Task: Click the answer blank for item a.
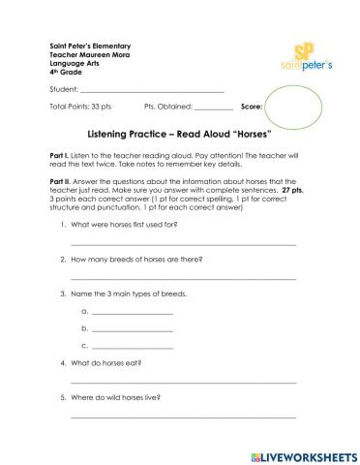click(132, 314)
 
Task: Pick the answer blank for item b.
click(132, 330)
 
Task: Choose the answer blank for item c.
click(132, 347)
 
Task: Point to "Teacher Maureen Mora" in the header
click(86, 55)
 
